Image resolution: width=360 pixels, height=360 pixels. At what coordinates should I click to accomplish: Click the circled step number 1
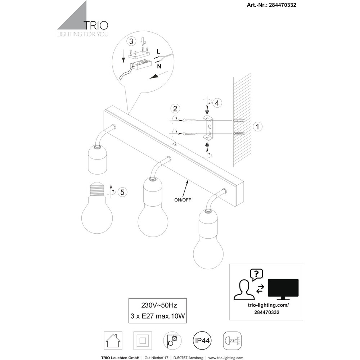(258, 126)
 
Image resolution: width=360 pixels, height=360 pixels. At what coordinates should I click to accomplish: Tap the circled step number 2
(175, 109)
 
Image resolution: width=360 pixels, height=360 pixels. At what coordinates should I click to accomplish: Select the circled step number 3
(131, 41)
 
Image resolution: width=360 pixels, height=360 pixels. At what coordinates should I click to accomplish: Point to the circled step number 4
(217, 103)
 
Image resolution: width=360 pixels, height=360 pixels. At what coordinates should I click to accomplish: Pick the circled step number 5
(122, 192)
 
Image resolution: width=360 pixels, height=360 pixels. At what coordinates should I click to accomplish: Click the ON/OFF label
(183, 200)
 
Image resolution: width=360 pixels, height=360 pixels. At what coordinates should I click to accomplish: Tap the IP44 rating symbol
(202, 341)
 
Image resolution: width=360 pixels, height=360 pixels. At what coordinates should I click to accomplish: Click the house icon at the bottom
(113, 341)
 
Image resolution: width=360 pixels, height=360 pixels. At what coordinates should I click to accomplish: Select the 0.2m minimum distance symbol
(232, 341)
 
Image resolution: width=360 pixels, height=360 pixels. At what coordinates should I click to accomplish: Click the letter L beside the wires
(158, 51)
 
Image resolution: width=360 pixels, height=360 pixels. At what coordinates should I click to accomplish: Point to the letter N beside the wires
(159, 66)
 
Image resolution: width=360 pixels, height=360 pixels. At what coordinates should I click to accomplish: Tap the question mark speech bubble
(256, 275)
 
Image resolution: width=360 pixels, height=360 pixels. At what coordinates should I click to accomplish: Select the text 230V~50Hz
(159, 305)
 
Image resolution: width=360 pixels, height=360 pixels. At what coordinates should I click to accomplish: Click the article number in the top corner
(271, 5)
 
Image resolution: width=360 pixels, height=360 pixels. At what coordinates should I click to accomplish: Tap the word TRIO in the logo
(95, 25)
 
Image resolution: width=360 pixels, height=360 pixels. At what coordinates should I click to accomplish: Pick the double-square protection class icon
(143, 341)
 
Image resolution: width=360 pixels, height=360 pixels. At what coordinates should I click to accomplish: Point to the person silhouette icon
(244, 290)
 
